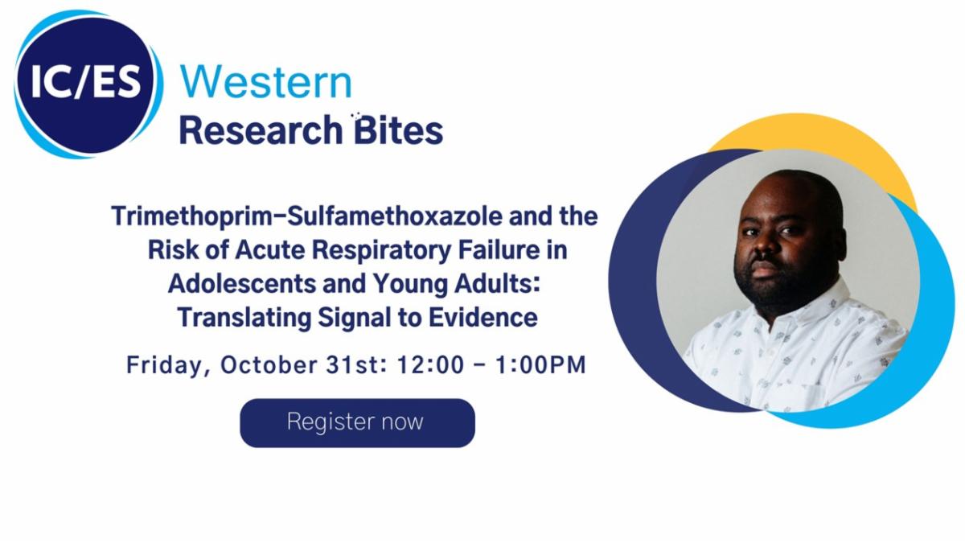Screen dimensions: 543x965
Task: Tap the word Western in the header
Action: coord(266,83)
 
